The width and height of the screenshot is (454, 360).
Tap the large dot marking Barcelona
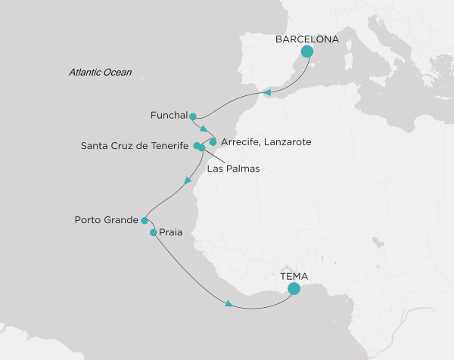[x=307, y=52]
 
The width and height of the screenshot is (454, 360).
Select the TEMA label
[x=294, y=276]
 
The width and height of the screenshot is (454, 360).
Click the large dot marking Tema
[x=294, y=288]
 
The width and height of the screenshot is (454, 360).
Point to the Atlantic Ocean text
[x=100, y=73]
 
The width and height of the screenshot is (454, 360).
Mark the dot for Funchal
[x=193, y=116]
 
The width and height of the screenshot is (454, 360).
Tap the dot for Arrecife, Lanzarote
[x=213, y=141]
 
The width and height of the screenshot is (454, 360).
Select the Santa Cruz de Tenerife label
[x=135, y=145]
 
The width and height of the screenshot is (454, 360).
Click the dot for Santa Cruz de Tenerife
[x=197, y=145]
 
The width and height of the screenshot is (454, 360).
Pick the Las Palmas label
[x=234, y=169]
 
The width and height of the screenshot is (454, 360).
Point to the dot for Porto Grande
[x=144, y=220]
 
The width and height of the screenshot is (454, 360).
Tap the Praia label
[x=172, y=234]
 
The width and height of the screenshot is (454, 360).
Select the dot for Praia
[x=154, y=233]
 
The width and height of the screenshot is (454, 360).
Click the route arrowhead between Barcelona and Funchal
[x=267, y=93]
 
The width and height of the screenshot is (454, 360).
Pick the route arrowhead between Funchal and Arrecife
[x=203, y=129]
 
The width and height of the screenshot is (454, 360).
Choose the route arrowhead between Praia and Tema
[x=228, y=304]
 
